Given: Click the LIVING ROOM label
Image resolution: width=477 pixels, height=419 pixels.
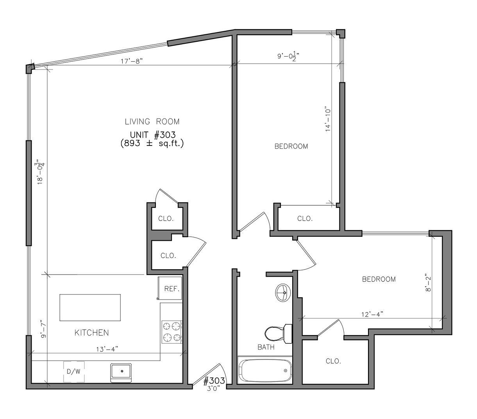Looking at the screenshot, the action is click(x=152, y=122).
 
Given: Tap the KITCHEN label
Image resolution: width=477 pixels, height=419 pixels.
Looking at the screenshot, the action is click(x=91, y=333).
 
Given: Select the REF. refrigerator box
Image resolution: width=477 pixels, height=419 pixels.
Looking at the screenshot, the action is click(x=170, y=288).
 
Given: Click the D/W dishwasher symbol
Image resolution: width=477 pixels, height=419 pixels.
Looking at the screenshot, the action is click(x=74, y=371).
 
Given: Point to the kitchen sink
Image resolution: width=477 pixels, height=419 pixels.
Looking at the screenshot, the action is click(x=121, y=373).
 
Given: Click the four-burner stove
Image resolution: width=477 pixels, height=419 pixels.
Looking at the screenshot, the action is click(x=172, y=332).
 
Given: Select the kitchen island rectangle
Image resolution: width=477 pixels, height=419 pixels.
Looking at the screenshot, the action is click(x=90, y=307).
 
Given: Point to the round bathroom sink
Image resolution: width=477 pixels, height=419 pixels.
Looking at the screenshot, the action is click(x=283, y=293).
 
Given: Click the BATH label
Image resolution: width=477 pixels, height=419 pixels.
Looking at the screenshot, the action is click(x=266, y=347).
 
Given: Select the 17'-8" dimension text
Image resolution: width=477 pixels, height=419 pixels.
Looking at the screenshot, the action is click(x=132, y=61).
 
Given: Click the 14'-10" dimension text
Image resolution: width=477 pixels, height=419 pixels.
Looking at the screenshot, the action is click(x=328, y=120).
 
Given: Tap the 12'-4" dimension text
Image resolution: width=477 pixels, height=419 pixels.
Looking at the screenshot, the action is click(x=372, y=314).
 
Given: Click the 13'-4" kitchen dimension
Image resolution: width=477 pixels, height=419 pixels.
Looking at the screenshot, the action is click(x=107, y=350).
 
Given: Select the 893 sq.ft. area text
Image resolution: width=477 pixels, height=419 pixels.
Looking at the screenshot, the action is click(x=152, y=143).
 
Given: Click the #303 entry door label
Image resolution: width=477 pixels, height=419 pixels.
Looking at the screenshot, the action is click(x=214, y=381).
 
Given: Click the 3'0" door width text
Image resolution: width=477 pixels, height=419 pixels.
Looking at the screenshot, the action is click(x=213, y=389).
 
